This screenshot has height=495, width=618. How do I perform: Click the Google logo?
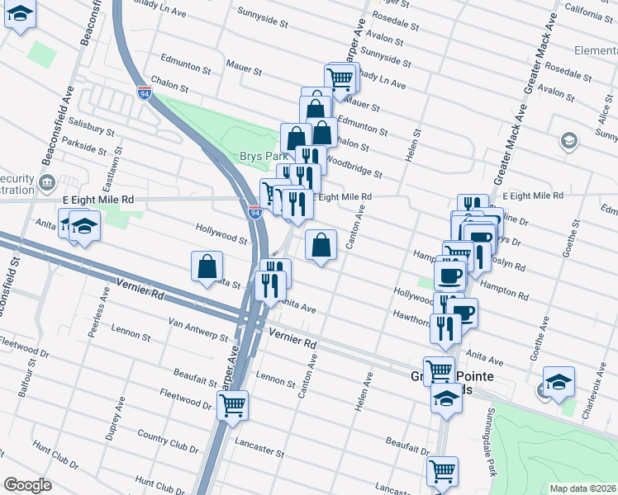(26, 485)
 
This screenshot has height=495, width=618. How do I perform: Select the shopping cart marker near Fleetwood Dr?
(233, 404)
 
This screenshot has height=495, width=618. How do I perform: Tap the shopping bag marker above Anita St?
(207, 266)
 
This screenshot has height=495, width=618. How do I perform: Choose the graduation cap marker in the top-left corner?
(20, 15)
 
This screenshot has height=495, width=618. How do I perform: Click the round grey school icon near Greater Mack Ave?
(568, 141)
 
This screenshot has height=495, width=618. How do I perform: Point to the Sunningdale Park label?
(492, 442)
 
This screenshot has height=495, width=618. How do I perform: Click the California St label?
(590, 11)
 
